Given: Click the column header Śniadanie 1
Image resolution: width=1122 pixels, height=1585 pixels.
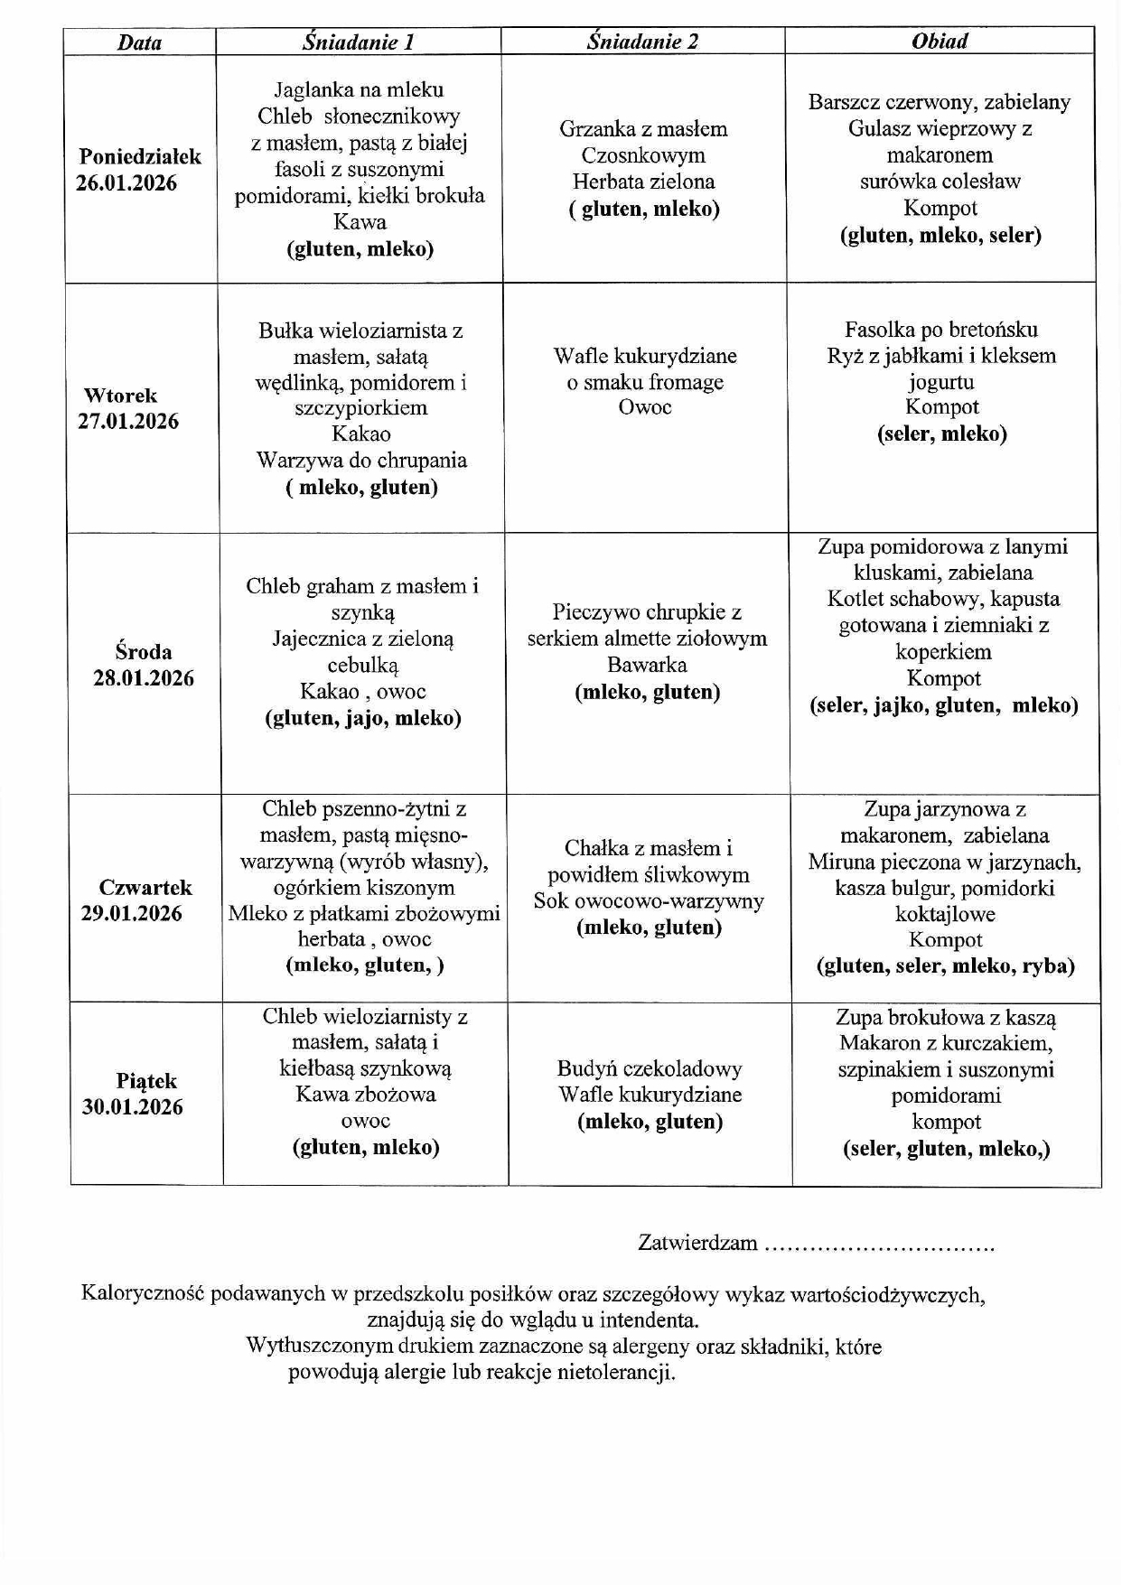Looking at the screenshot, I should point(359,42).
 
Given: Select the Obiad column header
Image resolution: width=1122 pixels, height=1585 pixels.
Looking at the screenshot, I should point(940,41).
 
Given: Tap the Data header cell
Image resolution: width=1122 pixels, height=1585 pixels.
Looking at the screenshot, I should point(139,42).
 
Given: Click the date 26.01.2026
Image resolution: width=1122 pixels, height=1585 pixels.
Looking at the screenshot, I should point(126,183).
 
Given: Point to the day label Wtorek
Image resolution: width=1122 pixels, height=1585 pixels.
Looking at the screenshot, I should point(120,396).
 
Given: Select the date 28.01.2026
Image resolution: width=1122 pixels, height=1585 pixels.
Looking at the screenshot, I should point(143,678).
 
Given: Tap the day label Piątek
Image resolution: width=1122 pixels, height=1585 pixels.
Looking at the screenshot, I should point(146,1081).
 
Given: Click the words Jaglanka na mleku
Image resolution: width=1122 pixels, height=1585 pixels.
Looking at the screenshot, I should point(359,89).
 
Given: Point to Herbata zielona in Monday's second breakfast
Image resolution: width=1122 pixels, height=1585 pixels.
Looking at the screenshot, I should point(643,182).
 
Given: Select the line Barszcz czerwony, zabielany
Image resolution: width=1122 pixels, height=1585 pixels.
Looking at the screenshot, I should point(940,101).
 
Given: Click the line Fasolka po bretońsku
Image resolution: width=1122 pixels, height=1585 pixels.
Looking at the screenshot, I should point(941,329).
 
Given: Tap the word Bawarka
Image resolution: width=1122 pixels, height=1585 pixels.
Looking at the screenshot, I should point(647,666).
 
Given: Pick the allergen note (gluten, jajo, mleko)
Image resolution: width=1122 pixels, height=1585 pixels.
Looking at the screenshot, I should point(363,718).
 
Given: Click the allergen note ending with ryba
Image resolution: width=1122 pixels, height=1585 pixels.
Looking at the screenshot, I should point(945,965).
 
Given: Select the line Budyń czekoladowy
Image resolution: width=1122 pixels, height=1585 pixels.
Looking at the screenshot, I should point(650,1068).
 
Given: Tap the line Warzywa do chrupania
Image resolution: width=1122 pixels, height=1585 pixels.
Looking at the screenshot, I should point(361,461).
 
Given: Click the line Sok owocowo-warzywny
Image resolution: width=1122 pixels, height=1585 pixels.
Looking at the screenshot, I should point(649,901).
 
